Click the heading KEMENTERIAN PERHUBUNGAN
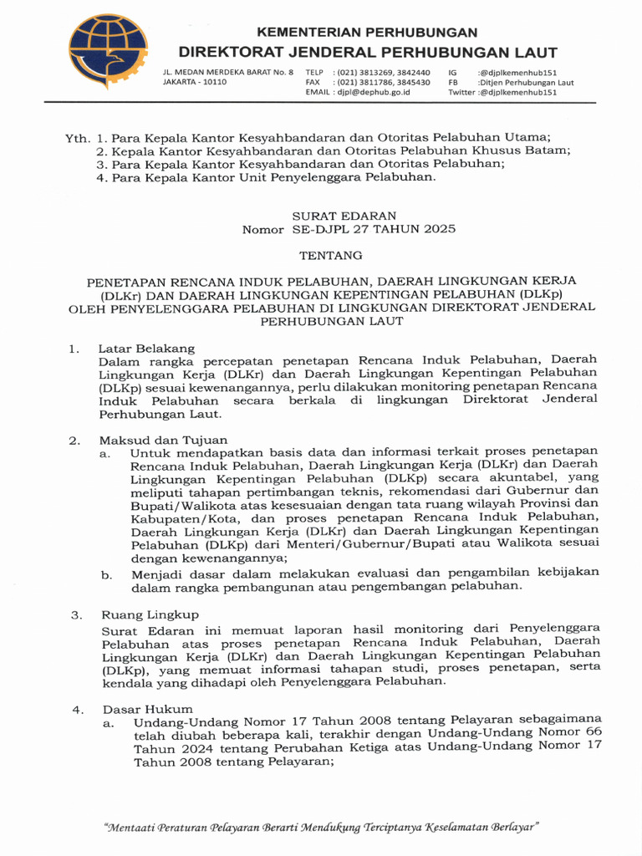[367, 32]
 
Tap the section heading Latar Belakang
[146, 349]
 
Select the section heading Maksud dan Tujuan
[163, 440]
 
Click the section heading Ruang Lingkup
[142, 614]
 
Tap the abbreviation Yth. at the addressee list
[77, 137]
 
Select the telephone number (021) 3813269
[364, 73]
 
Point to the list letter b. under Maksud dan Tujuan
[106, 574]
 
